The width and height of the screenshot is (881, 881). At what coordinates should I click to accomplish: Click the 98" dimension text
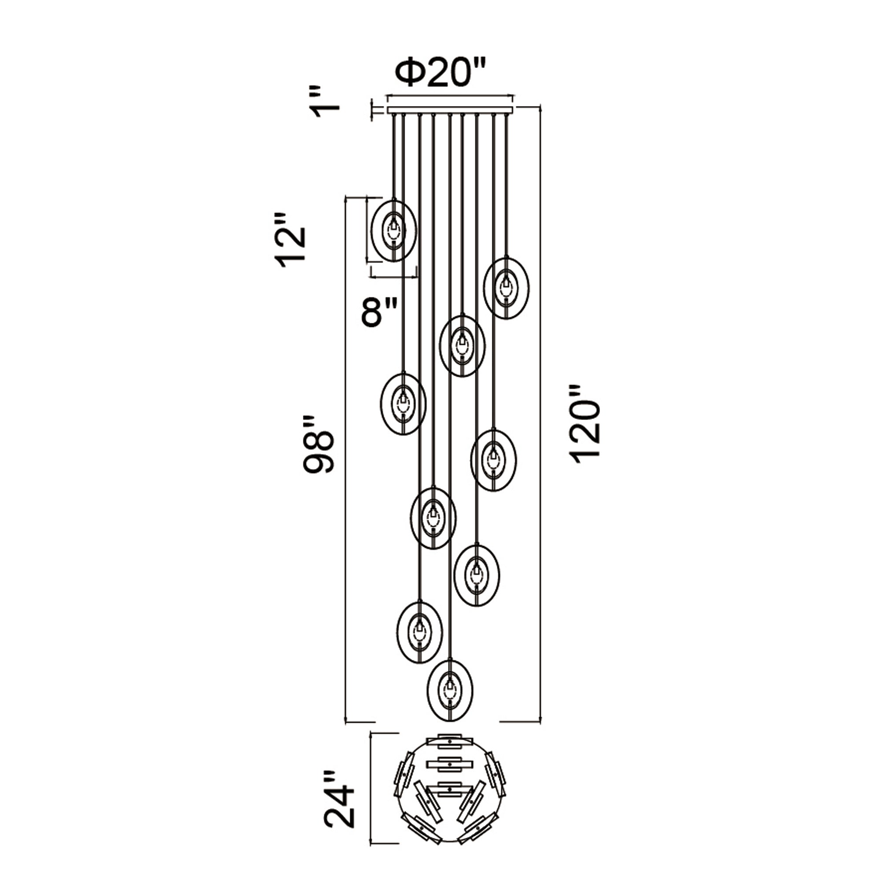320,444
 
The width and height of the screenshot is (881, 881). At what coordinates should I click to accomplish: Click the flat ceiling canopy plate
450,110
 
